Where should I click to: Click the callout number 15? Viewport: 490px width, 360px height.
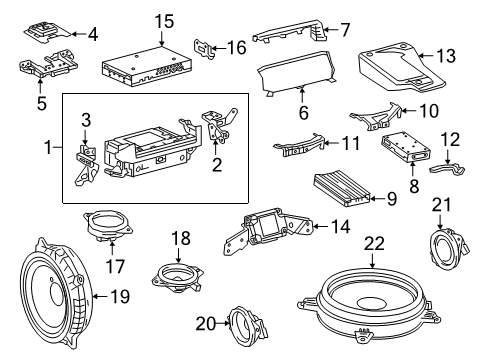(164, 21)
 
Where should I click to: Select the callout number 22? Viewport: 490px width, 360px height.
(374, 243)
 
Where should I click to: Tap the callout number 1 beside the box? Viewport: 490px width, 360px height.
(49, 147)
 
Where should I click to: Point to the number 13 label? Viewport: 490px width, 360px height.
(445, 56)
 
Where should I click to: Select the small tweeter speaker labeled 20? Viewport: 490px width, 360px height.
(247, 325)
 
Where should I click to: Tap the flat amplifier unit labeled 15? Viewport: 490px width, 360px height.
(147, 67)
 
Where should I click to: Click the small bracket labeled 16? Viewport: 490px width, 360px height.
(204, 49)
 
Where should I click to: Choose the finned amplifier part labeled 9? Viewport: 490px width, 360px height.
(342, 189)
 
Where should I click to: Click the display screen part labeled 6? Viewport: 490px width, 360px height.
(298, 73)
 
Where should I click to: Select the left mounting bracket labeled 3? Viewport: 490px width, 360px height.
(86, 163)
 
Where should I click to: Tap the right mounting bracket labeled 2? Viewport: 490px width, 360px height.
(219, 125)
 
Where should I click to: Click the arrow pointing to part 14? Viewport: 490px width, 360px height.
(320, 227)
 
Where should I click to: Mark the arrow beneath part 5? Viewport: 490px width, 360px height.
(41, 86)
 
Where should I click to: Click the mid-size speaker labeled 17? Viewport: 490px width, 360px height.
(108, 224)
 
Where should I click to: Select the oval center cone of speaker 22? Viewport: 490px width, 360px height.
(371, 302)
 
